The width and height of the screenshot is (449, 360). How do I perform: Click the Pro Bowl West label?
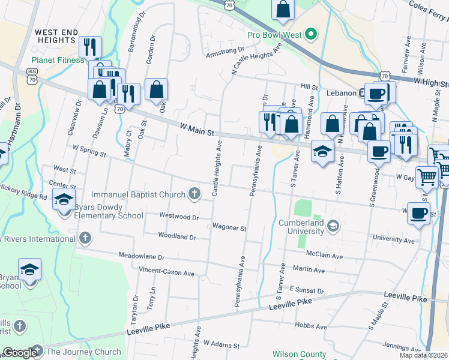(274, 35)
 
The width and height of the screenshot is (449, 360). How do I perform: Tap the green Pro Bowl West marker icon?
(311, 34)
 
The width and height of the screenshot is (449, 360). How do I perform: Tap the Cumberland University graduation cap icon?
(334, 226)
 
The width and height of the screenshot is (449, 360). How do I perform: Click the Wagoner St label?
(229, 228)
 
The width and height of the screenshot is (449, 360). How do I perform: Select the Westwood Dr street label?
(178, 216)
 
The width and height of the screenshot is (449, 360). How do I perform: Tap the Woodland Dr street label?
(176, 236)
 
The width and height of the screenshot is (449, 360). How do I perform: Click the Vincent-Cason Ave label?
(166, 272)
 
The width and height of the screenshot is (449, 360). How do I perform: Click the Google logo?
(19, 353)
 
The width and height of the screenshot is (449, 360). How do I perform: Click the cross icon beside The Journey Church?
(37, 350)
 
